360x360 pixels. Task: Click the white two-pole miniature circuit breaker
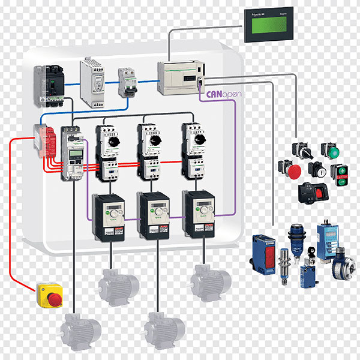click(126, 82)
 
